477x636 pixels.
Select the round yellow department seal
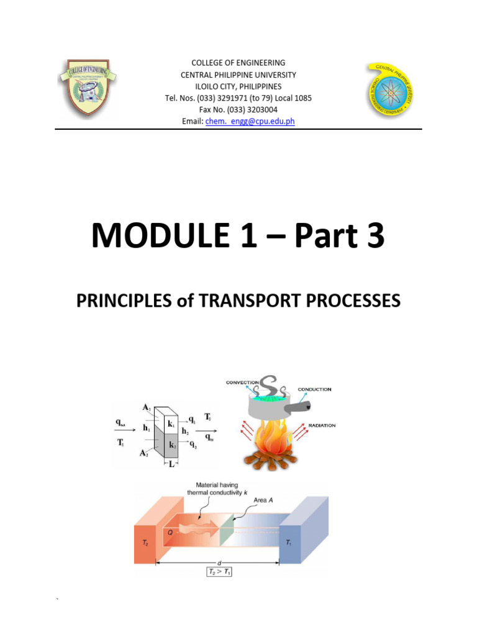coord(392,89)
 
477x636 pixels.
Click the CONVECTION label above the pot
coord(242,382)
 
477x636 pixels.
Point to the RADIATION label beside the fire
coord(322,425)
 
